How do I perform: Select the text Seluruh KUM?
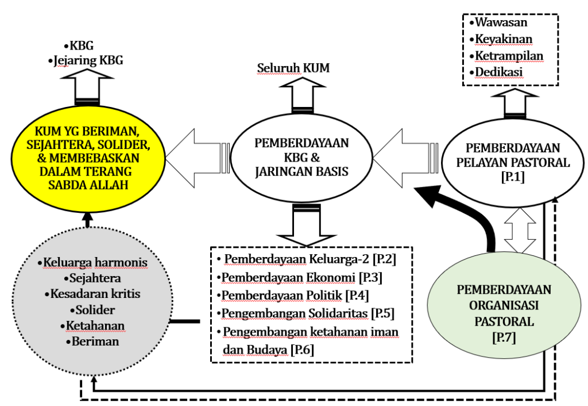coord(293,68)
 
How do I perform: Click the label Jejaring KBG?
coord(86,59)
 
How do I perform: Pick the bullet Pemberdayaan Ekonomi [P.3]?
coord(299,278)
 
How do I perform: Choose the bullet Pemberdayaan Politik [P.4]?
coord(293,296)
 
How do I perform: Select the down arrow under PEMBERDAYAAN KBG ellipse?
coord(301,226)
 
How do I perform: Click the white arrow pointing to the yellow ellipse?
coord(198,155)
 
